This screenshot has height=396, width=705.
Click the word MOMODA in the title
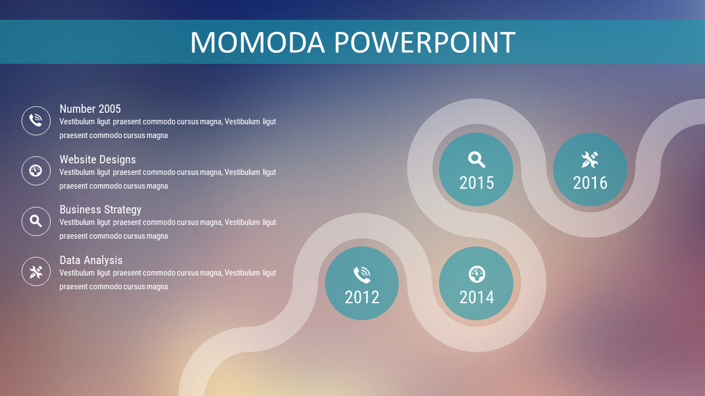(x=257, y=42)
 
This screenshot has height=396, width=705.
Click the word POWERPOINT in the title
(x=425, y=42)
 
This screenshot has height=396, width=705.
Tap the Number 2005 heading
(x=90, y=109)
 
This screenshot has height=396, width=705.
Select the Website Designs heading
(x=97, y=159)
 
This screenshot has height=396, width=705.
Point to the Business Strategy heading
(x=100, y=210)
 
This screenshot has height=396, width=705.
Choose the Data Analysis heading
(x=91, y=260)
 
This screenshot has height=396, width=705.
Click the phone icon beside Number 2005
(x=36, y=120)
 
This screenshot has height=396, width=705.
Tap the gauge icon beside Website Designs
(x=36, y=170)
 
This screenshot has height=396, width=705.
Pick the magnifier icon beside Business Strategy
(x=36, y=221)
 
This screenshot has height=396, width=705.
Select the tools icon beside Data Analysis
(x=36, y=272)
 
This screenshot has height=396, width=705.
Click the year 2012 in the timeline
(x=362, y=298)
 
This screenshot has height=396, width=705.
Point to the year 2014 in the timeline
(x=476, y=298)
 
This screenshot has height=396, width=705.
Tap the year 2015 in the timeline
(x=476, y=183)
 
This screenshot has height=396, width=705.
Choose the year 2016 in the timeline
(x=590, y=183)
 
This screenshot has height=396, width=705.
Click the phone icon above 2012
(x=362, y=274)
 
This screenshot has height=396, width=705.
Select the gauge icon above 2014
(x=477, y=274)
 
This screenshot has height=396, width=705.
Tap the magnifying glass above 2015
(x=476, y=159)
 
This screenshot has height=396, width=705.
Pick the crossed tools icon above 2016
(x=590, y=159)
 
